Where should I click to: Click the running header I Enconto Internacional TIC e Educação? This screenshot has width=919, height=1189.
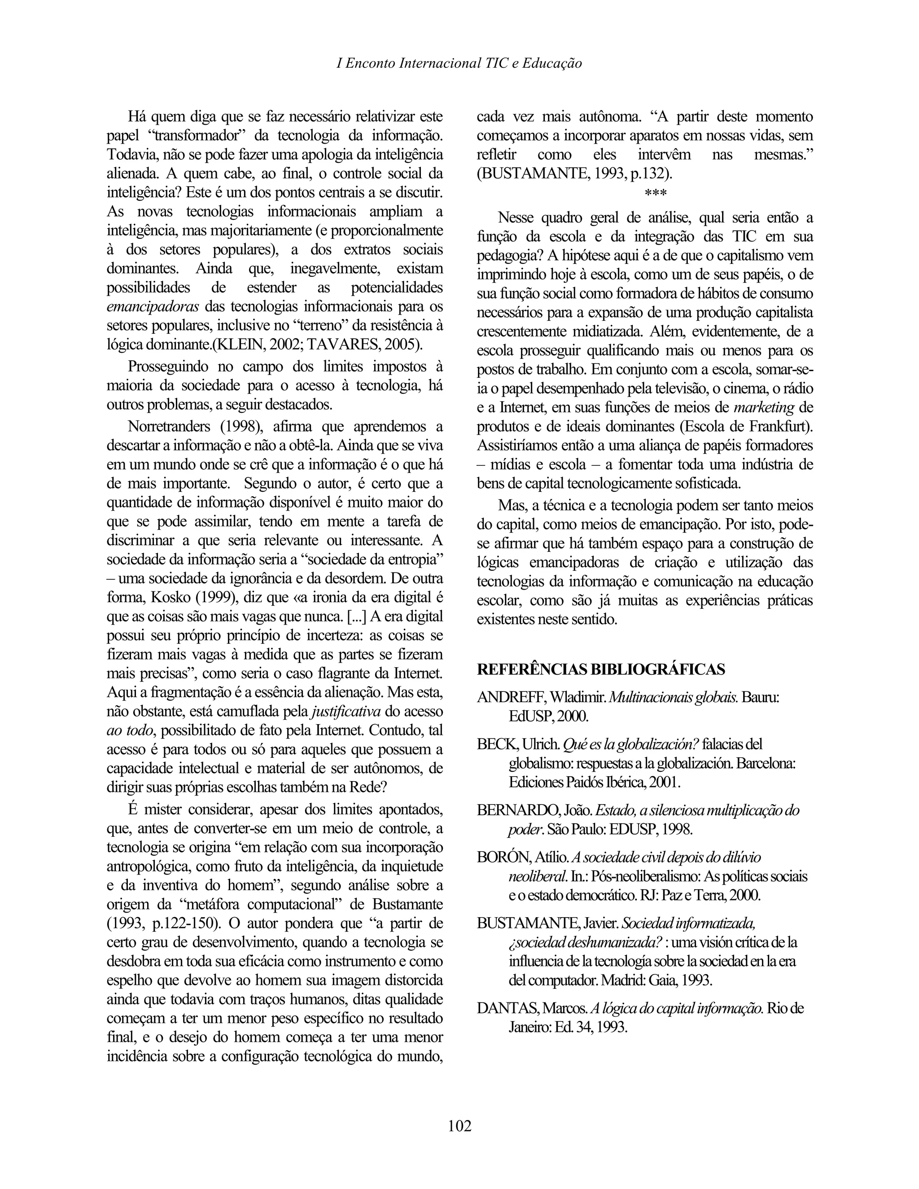459,63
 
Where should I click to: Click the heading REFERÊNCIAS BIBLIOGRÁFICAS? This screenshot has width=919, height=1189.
600,669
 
